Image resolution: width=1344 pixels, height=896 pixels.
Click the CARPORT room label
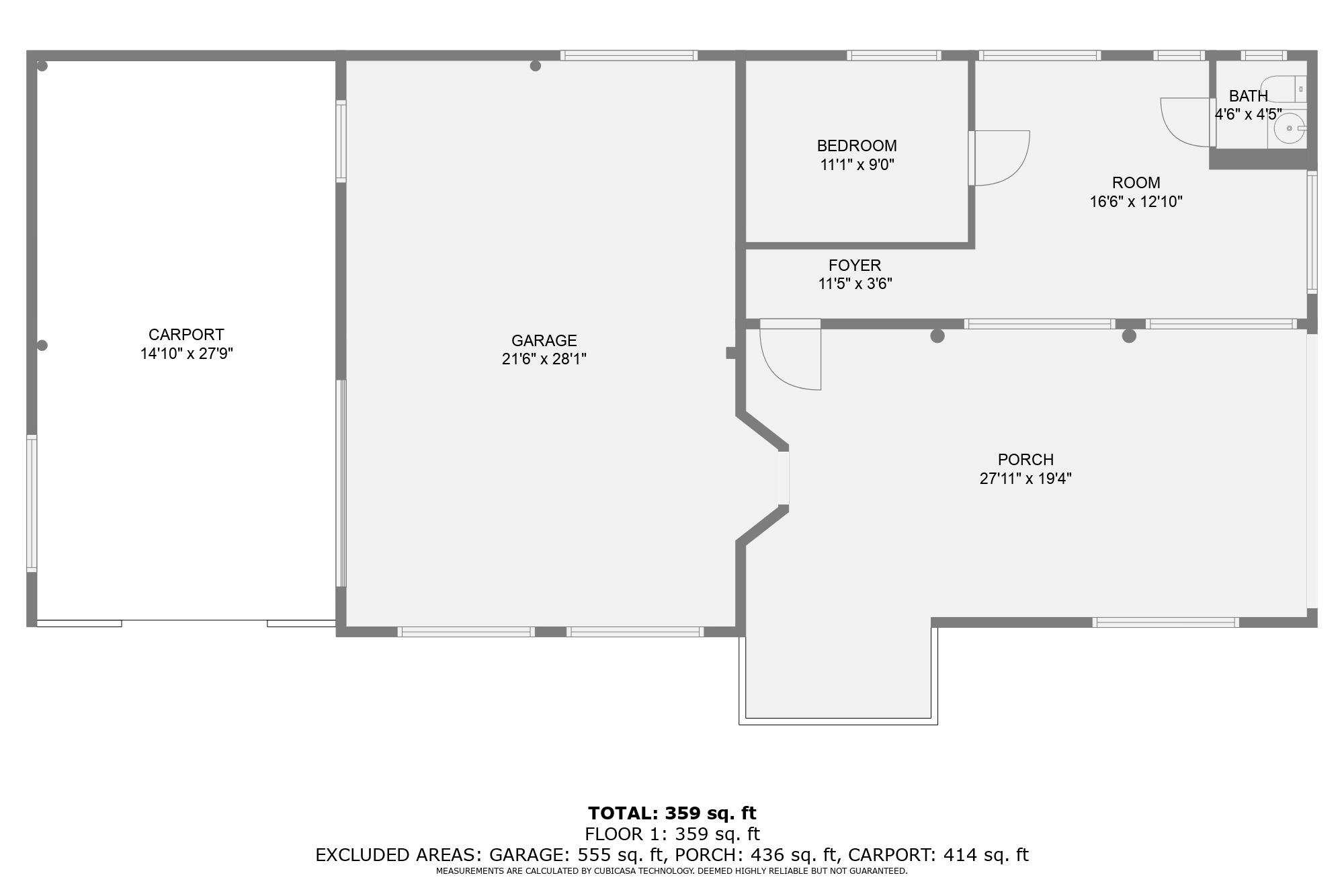tap(186, 335)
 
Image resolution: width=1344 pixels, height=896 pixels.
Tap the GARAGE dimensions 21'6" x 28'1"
tap(544, 359)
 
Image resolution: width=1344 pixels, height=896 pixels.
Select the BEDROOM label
tap(857, 146)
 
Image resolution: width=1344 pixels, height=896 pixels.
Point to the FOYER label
tap(854, 266)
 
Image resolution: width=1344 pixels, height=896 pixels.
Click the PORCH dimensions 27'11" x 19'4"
tap(1025, 479)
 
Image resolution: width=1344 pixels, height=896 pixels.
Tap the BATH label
tap(1248, 96)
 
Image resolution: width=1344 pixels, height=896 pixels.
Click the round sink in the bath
tap(1289, 128)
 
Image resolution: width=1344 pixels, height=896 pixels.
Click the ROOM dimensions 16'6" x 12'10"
tap(1136, 202)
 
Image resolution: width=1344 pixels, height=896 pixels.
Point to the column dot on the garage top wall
tap(536, 66)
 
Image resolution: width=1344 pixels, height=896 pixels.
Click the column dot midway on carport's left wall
tap(42, 345)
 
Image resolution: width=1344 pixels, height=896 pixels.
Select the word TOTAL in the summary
tap(622, 813)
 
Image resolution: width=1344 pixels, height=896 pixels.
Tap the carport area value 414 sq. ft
tap(986, 855)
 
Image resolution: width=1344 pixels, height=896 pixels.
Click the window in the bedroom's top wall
tap(893, 56)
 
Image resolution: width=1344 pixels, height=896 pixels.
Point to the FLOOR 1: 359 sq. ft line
tap(672, 834)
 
